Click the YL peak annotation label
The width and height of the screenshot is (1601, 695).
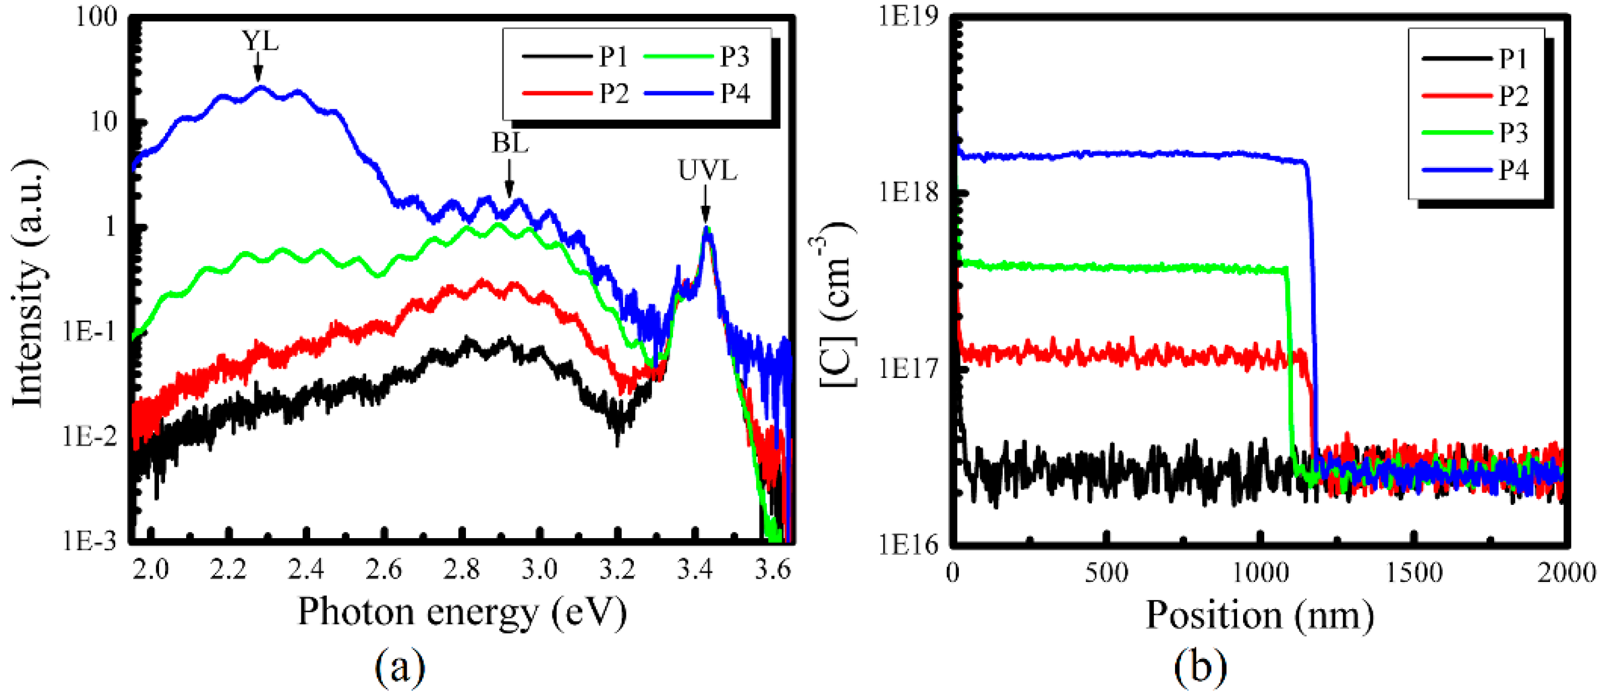point(260,41)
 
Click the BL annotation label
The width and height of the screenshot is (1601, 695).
point(510,143)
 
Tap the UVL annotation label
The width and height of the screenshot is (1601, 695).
point(707,170)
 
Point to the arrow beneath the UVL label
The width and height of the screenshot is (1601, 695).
point(705,204)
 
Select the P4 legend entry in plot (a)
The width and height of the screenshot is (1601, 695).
point(698,93)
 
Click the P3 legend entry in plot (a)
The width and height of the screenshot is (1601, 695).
point(698,57)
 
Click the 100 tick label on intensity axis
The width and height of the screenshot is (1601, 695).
point(96,16)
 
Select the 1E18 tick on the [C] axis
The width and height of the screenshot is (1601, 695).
point(909,193)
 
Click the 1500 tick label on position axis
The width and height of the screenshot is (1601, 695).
point(1414,572)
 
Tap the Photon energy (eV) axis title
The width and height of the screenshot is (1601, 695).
point(463,612)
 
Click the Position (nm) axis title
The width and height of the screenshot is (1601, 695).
point(1260,615)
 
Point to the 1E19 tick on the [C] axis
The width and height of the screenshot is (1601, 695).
point(909,16)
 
